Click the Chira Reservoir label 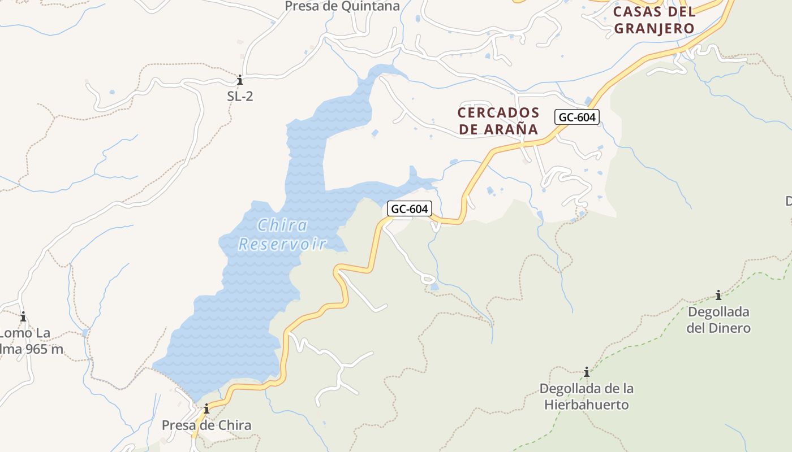(x=282, y=234)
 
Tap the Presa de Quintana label (x=342, y=6)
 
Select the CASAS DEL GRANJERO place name (x=654, y=20)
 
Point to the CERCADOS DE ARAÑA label (x=498, y=121)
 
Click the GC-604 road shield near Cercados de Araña (x=576, y=117)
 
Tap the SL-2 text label (x=240, y=96)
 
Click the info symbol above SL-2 (x=240, y=79)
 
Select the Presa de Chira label (x=206, y=425)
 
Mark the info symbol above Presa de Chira (x=206, y=408)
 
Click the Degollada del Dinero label (x=718, y=320)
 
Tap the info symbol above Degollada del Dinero (x=718, y=295)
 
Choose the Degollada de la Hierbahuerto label (x=586, y=397)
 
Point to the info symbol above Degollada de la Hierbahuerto (x=587, y=372)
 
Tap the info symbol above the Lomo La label (x=23, y=316)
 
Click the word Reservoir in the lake (x=282, y=244)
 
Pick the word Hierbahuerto (x=587, y=405)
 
